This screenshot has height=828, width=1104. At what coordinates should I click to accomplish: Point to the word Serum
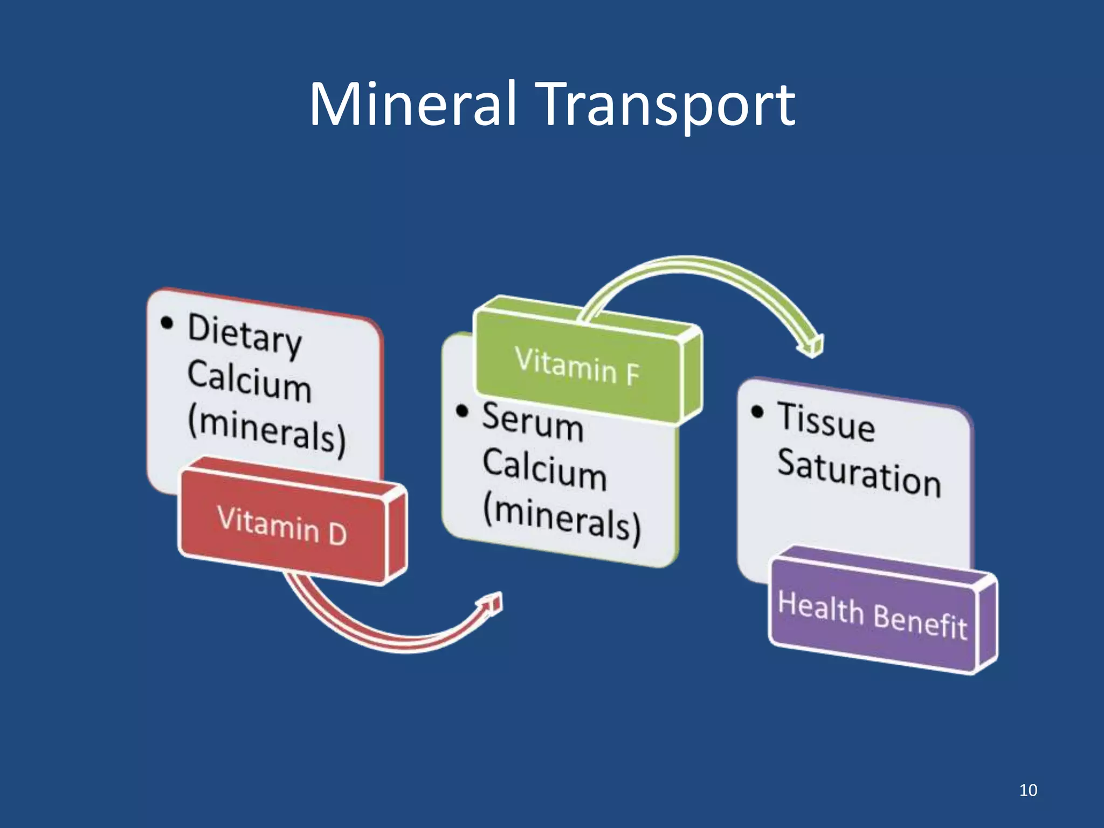click(533, 423)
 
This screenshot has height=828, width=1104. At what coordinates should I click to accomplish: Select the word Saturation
click(859, 472)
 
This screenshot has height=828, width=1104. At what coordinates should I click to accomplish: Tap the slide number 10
click(1028, 790)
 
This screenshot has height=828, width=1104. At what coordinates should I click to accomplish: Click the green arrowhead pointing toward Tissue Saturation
click(812, 346)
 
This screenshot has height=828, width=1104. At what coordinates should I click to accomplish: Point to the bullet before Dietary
click(167, 323)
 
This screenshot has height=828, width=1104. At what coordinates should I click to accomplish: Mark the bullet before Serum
click(462, 411)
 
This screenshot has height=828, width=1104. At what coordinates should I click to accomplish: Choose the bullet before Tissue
click(757, 412)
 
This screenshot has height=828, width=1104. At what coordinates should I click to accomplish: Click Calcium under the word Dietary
click(249, 381)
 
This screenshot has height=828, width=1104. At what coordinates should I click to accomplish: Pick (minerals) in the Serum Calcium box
click(562, 518)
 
